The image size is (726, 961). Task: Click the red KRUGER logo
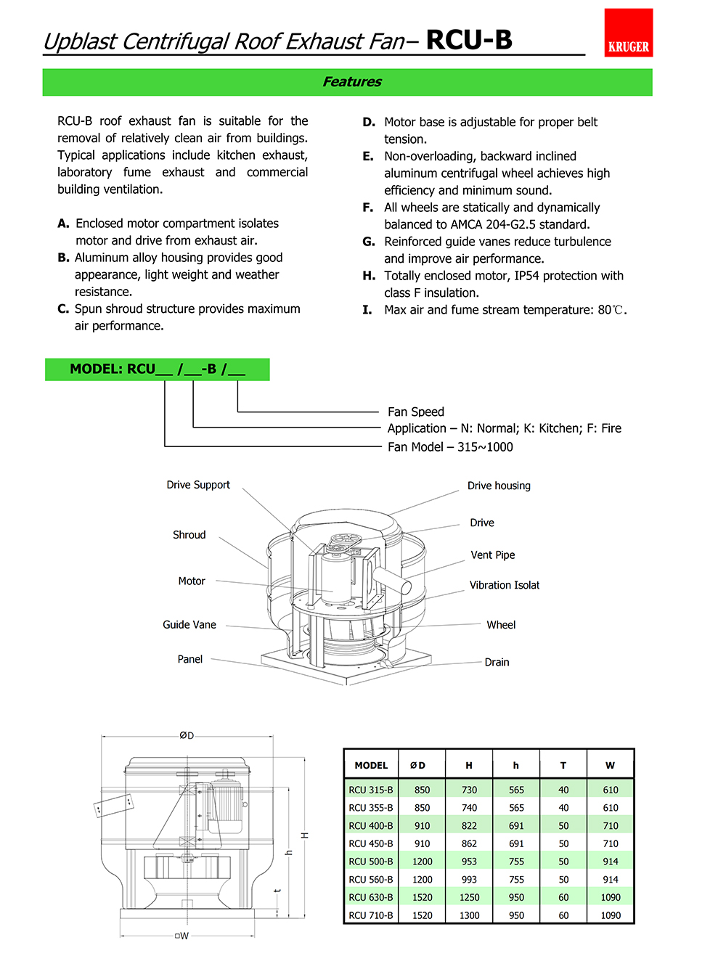[x=628, y=33]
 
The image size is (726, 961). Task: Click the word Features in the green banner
[x=352, y=82]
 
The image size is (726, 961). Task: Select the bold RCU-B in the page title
[x=469, y=40]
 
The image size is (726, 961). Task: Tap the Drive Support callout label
[x=198, y=485]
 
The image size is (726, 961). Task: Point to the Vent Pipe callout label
[x=493, y=555]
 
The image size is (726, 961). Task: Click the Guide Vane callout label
[x=189, y=625]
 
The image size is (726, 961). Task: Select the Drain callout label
[x=497, y=663]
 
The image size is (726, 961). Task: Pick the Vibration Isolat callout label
[x=505, y=586]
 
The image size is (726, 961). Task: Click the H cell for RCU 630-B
[x=470, y=898]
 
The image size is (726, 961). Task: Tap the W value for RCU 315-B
[x=611, y=790]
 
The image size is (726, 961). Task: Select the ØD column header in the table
[x=418, y=766]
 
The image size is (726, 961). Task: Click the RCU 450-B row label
[x=371, y=844]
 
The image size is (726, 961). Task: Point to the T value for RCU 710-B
[x=563, y=916]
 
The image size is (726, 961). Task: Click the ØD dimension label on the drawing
[x=187, y=736]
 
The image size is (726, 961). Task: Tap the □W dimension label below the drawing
[x=181, y=936]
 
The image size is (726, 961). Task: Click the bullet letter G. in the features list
[x=369, y=242]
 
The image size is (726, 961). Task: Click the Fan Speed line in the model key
[x=416, y=412]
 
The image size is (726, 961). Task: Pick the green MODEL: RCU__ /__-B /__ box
[x=157, y=369]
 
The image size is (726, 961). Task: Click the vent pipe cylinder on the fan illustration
[x=391, y=580]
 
